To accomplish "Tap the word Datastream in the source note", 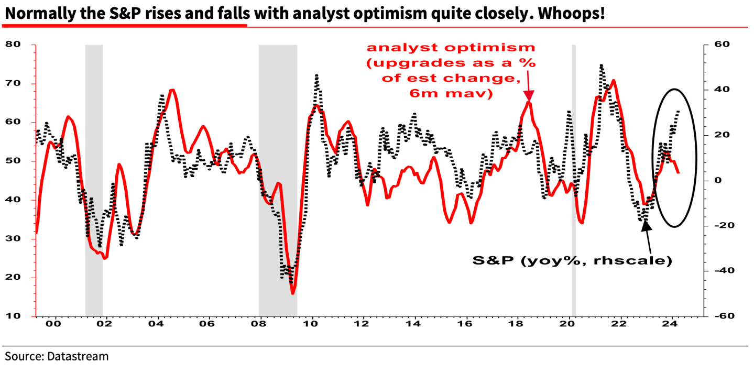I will pyautogui.click(x=78, y=357).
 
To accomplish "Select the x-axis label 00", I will pyautogui.click(x=54, y=325).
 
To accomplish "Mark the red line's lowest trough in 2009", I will pyautogui.click(x=292, y=293).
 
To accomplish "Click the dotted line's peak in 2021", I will pyautogui.click(x=601, y=65).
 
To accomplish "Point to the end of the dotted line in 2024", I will pyautogui.click(x=679, y=111).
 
